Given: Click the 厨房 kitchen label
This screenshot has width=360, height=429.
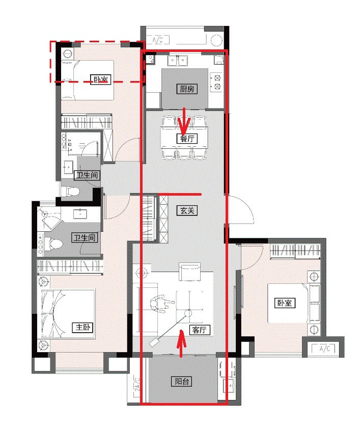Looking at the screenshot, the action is click(187, 89).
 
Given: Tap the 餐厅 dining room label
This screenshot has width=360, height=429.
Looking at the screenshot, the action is click(187, 139).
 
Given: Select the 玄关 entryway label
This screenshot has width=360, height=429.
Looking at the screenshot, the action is click(187, 210).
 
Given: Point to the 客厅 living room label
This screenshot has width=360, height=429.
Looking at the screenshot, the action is click(200, 330).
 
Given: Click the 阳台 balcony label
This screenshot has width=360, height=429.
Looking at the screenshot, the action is click(181, 381).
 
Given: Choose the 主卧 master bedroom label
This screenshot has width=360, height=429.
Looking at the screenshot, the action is click(83, 327).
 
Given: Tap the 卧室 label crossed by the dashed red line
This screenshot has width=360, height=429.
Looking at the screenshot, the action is click(101, 79).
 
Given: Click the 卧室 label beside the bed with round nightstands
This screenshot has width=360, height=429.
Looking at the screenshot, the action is click(285, 303).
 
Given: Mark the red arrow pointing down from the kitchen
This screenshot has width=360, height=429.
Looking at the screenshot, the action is click(184, 120).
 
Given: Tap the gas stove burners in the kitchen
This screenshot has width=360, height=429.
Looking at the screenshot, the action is click(217, 83).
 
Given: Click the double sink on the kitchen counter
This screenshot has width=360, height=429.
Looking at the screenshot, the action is click(178, 60).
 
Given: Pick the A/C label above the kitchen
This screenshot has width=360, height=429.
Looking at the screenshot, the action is click(158, 40).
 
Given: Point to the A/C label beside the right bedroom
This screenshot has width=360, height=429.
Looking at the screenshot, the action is click(325, 348).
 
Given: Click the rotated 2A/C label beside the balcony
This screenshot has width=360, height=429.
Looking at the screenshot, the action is click(137, 386).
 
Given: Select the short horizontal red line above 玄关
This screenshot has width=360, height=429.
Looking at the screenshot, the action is click(180, 195).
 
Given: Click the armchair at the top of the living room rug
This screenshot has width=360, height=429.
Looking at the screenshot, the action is click(190, 272).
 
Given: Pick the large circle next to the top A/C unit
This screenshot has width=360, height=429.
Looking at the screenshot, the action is click(216, 40).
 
